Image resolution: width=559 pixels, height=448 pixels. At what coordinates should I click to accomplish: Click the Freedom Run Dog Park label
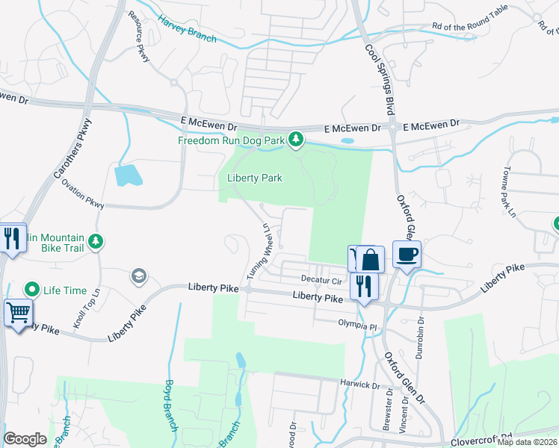coord(232,140)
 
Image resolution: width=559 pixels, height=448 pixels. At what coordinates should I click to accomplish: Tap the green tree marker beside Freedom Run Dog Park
coord(297,139)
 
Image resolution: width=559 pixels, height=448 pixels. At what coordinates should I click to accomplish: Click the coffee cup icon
coord(407,255)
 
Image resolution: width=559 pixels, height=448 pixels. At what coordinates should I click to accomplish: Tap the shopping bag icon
coord(370,260)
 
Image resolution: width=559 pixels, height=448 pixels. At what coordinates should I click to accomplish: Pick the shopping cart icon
coord(18,312)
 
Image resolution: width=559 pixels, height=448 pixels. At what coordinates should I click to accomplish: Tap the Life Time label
coord(65,290)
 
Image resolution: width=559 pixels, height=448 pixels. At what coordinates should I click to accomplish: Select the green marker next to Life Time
coord(32,289)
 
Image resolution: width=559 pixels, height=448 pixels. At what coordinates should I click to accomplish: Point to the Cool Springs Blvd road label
coord(380,78)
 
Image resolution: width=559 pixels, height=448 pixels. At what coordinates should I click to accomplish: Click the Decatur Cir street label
coord(321,281)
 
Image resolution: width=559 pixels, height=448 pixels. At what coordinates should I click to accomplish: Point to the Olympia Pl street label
coord(355,326)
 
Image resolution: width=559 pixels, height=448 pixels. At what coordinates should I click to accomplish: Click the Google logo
coord(25,439)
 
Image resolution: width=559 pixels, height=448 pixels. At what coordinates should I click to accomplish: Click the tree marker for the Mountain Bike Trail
coord(94,241)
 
